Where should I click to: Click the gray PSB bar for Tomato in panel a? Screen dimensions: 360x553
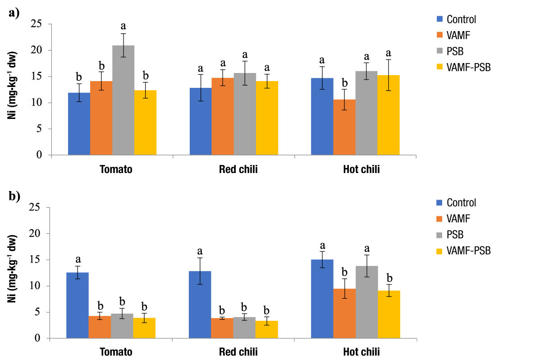tap(123, 100)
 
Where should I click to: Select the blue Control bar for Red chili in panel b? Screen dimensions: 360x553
tap(200, 305)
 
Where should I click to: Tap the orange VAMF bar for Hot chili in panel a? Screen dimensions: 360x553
tap(345, 127)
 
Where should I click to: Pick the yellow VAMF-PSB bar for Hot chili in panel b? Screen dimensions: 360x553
tap(389, 314)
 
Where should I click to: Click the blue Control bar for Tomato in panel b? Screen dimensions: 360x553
tap(78, 305)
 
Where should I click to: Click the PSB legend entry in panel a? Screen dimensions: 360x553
tap(455, 51)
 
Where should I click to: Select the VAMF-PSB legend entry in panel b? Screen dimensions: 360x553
tap(468, 251)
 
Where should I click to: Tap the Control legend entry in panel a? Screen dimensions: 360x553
tap(461, 19)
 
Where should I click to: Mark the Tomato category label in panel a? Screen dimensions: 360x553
tap(116, 170)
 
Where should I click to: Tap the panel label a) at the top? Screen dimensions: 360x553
tap(14, 13)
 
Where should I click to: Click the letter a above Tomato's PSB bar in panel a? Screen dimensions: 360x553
tap(123, 26)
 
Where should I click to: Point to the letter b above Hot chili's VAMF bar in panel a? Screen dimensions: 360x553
tap(345, 83)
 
